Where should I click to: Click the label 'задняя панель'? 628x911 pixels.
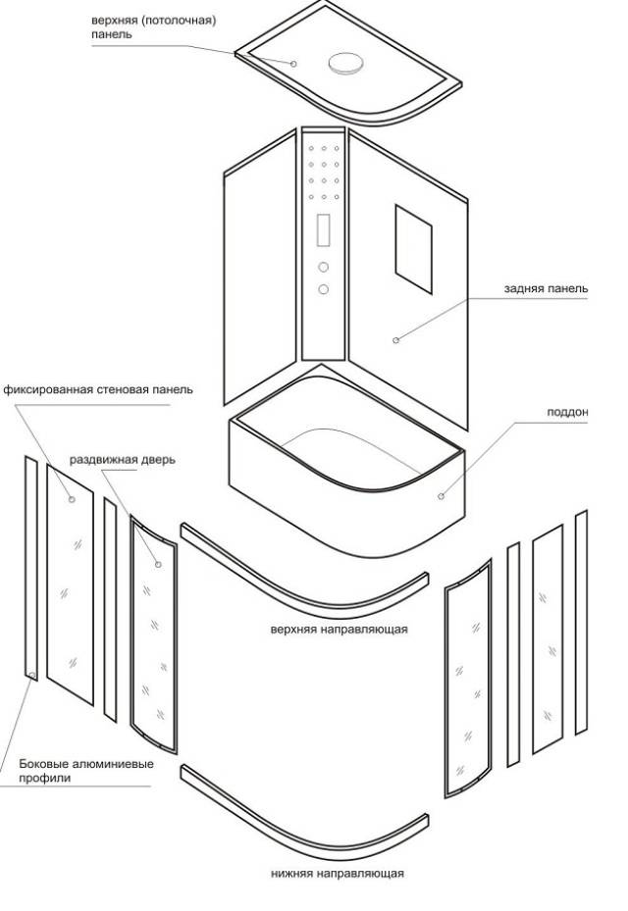click(x=546, y=289)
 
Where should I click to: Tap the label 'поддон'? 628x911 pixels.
click(x=567, y=413)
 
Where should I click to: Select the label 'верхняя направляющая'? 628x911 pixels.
click(x=339, y=629)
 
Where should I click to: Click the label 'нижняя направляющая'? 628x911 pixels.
click(x=338, y=872)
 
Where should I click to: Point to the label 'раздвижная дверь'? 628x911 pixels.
click(x=123, y=460)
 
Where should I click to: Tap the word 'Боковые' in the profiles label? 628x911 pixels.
click(x=43, y=764)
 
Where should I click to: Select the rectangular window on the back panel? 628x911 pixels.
click(x=413, y=241)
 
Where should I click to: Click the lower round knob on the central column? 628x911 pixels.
click(x=323, y=288)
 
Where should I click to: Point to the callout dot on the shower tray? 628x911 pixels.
click(x=442, y=496)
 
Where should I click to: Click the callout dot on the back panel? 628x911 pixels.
click(x=396, y=340)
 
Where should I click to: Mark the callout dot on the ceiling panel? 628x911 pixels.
click(x=293, y=63)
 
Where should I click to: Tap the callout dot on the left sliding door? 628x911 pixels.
click(x=158, y=565)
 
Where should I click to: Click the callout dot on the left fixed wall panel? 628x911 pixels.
click(x=72, y=499)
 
